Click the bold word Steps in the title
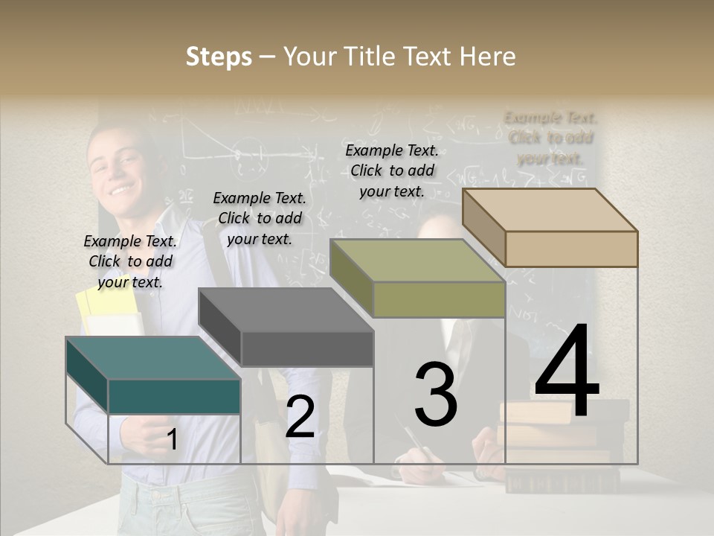[x=219, y=57]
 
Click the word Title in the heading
[x=371, y=57]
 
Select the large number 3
[x=436, y=395]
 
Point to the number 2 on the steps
[x=300, y=417]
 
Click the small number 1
[x=172, y=439]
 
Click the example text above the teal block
[x=130, y=261]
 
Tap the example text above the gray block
[x=260, y=218]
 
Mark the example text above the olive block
[x=392, y=170]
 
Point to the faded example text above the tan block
[x=550, y=138]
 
